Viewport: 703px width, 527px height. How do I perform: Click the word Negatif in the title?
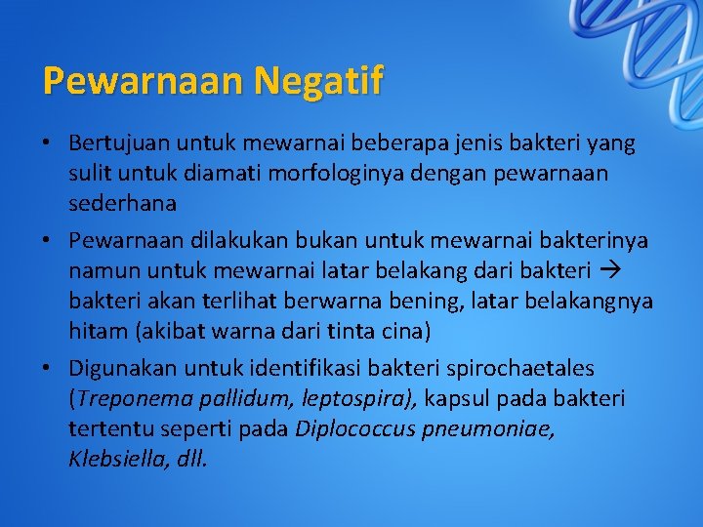tap(319, 80)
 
